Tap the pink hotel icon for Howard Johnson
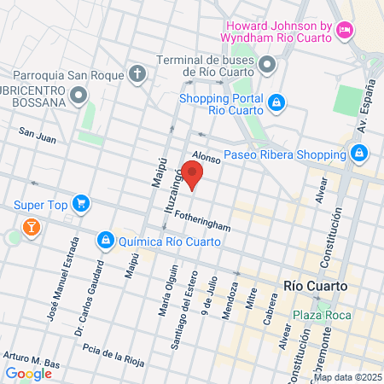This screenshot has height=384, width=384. pyautogui.click(x=346, y=31)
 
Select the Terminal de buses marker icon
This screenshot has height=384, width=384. pyautogui.click(x=268, y=64)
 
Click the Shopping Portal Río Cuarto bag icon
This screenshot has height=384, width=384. pyautogui.click(x=276, y=102)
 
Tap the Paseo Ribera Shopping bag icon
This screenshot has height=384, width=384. pyautogui.click(x=359, y=154)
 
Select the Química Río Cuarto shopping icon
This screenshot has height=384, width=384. pyautogui.click(x=106, y=241)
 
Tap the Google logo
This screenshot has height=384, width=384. pyautogui.click(x=28, y=373)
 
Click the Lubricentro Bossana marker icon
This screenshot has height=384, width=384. pyautogui.click(x=79, y=94)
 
